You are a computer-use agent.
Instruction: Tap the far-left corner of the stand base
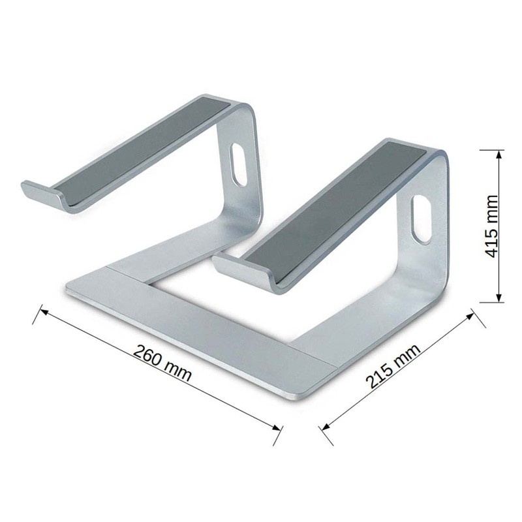[68, 287]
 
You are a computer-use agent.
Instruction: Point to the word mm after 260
[177, 369]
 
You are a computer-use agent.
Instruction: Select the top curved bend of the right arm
[437, 157]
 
